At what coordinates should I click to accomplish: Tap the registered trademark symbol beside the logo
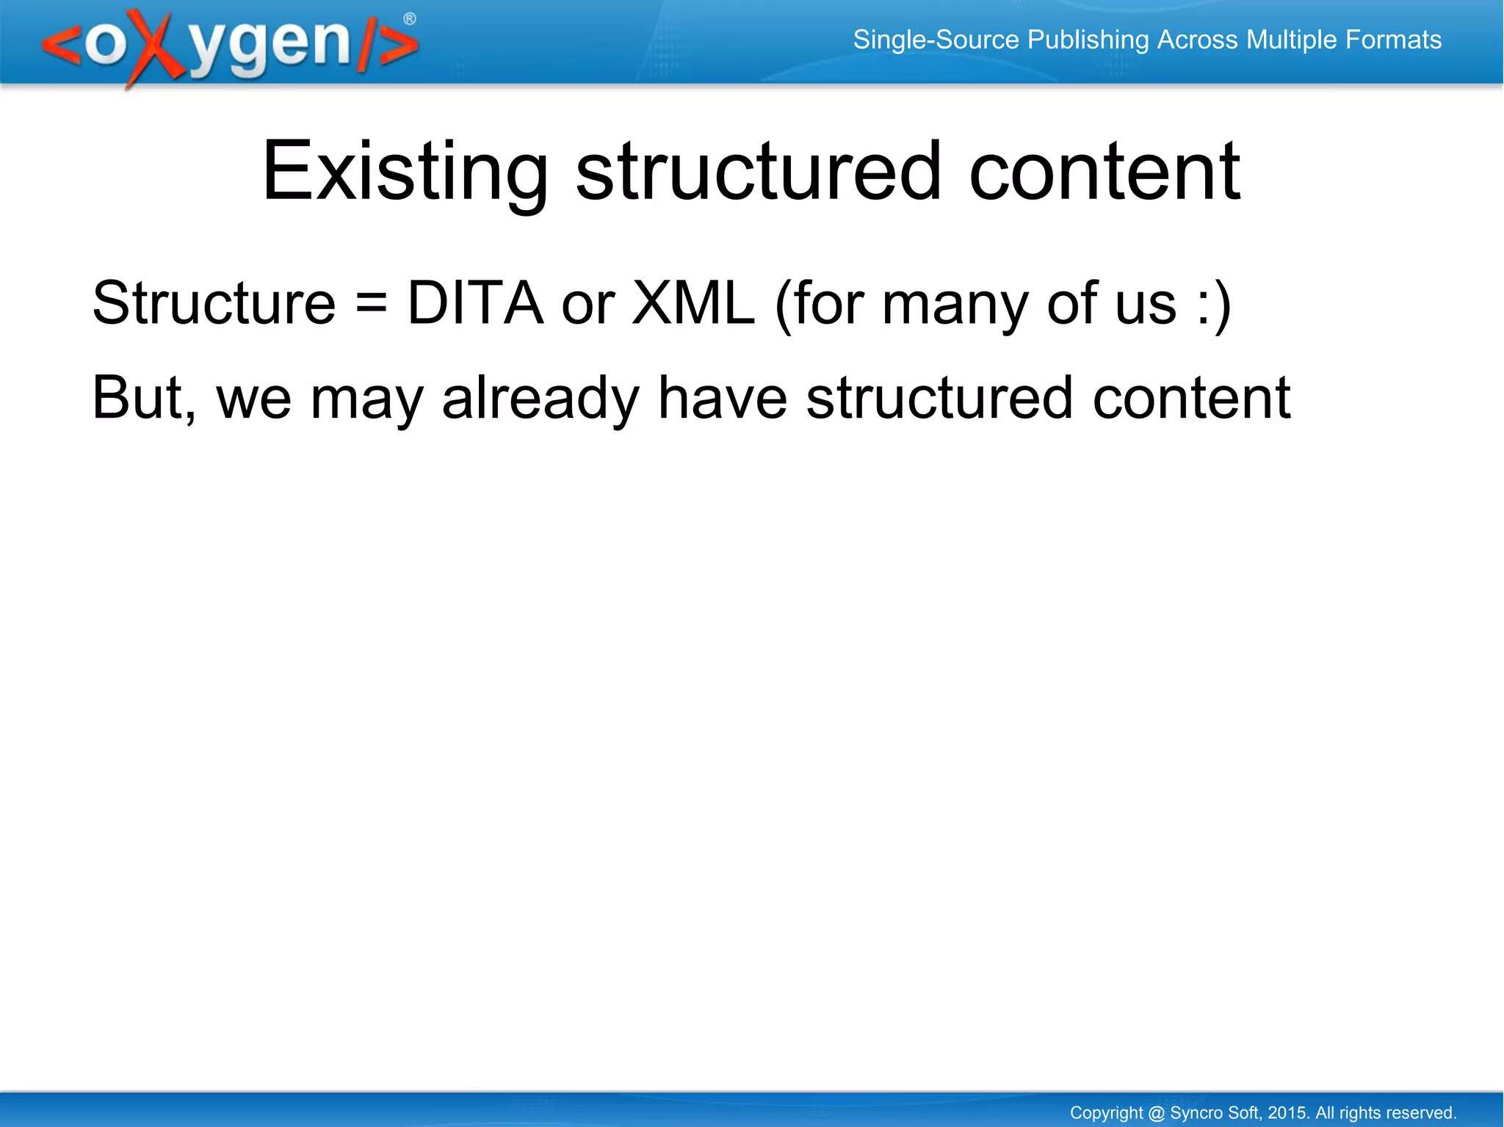click(410, 19)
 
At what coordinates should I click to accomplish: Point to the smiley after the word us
click(1212, 305)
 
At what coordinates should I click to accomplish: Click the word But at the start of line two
click(140, 398)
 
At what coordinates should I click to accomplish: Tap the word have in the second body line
click(723, 398)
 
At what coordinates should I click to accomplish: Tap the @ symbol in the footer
click(1156, 1113)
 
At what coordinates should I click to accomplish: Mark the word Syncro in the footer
click(1194, 1113)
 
